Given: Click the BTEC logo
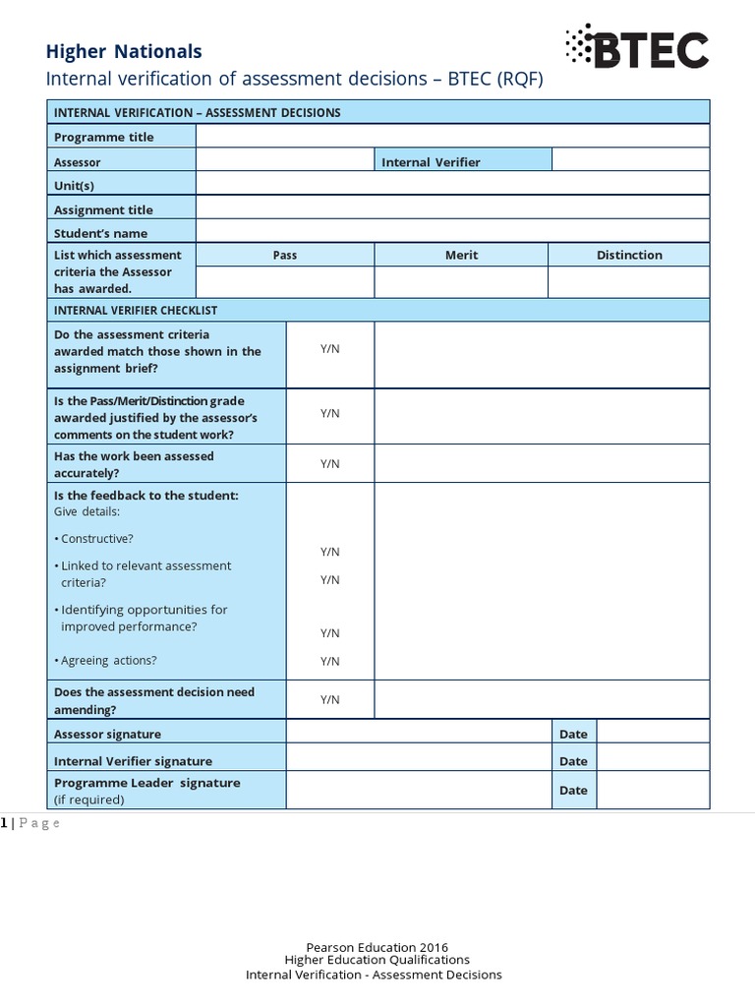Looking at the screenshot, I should (636, 47).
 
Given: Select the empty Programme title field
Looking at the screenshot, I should (452, 136).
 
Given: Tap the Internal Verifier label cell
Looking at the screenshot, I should (463, 161).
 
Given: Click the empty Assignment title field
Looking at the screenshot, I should (452, 207).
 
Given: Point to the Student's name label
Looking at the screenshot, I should (101, 233).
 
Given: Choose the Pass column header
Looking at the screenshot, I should (285, 255).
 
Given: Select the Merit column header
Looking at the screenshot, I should (461, 255).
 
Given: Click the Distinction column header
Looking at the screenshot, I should (629, 255).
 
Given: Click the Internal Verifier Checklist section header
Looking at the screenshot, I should (136, 310).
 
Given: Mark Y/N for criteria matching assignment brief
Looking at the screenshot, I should (330, 350).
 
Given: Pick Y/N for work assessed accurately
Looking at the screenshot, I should (330, 463).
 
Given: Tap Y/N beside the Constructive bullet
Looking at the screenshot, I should (330, 552).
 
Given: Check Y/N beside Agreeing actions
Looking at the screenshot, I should (330, 661).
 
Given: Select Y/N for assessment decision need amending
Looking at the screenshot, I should (330, 699).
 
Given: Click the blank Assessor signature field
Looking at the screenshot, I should (418, 733).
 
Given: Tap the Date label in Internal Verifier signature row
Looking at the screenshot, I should (573, 761).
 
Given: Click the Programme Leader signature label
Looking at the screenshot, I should (147, 783).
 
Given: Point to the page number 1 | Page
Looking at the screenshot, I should (31, 823).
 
